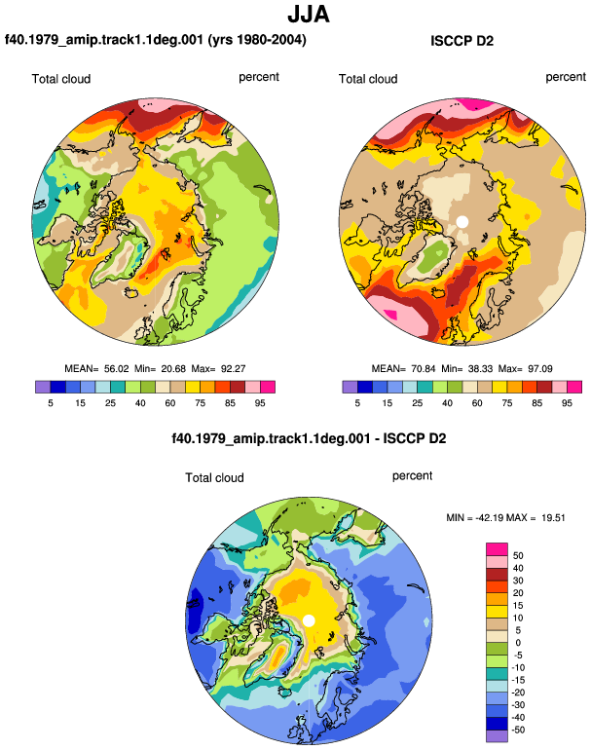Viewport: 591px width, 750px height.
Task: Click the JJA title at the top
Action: click(x=309, y=15)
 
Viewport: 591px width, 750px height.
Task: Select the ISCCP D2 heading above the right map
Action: click(x=462, y=41)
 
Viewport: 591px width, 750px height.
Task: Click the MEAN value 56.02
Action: click(x=116, y=369)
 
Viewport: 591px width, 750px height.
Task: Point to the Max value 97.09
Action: click(x=539, y=369)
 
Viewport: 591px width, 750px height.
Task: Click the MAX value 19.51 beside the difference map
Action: click(x=553, y=517)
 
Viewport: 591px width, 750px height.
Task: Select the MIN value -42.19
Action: click(x=490, y=517)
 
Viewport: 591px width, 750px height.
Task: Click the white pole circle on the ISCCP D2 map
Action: click(x=462, y=221)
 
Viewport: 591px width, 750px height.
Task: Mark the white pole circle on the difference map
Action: click(x=309, y=620)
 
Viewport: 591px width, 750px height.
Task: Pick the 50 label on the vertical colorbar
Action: click(x=518, y=556)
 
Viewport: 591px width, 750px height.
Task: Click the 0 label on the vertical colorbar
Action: click(x=518, y=643)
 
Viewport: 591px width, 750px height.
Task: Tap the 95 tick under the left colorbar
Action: click(x=260, y=403)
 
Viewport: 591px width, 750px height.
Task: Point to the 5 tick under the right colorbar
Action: click(x=357, y=403)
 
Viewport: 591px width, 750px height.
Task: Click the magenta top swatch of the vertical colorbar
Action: click(x=497, y=549)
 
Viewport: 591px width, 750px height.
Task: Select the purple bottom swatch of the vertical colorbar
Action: click(x=497, y=736)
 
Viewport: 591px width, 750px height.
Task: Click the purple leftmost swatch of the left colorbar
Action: click(x=43, y=387)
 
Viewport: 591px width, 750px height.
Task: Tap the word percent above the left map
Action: click(x=259, y=77)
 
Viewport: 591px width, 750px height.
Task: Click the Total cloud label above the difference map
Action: click(x=215, y=477)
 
